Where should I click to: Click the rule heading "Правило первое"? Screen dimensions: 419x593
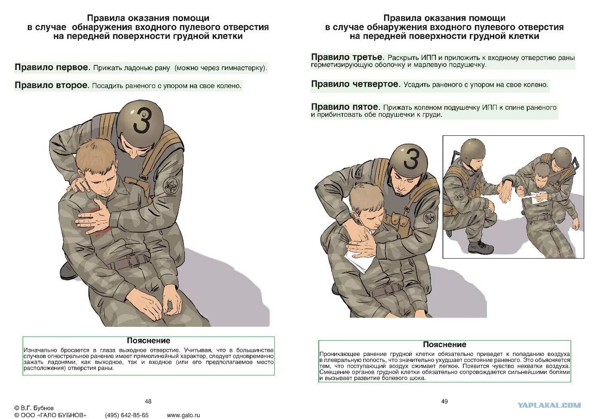click(51, 68)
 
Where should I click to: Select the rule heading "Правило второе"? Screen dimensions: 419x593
click(51, 85)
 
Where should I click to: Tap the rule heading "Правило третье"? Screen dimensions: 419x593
click(347, 57)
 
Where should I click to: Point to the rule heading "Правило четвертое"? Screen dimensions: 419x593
click(355, 84)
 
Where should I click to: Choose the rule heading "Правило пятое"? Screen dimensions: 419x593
click(345, 107)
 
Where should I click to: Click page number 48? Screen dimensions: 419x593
click(148, 401)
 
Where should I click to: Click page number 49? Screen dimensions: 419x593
click(444, 401)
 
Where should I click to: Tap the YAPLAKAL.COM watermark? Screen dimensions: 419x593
click(549, 405)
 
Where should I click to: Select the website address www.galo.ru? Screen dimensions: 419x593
click(183, 415)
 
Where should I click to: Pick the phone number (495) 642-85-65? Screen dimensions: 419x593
click(127, 415)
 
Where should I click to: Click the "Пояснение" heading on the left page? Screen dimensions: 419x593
click(148, 341)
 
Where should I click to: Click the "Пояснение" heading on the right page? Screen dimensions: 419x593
click(444, 344)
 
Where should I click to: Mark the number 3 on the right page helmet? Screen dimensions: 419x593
click(410, 159)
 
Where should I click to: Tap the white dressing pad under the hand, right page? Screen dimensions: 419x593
click(360, 262)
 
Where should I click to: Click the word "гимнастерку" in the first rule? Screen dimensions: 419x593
click(246, 68)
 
